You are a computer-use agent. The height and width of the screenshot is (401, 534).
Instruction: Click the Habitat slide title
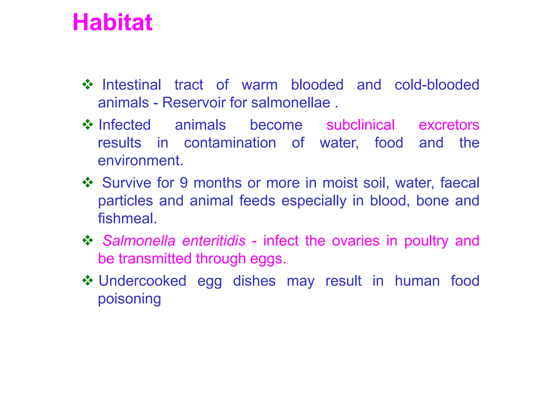(x=112, y=22)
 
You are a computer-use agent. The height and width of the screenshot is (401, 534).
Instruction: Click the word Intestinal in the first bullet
(x=131, y=85)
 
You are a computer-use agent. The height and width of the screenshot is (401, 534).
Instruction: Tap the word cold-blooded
(x=437, y=85)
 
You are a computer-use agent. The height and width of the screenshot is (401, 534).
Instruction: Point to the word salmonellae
(x=291, y=103)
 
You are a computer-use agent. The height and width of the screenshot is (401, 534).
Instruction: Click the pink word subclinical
(x=360, y=125)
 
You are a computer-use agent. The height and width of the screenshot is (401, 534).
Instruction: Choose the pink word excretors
(x=449, y=125)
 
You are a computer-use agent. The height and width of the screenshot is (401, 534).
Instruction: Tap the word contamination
(x=230, y=143)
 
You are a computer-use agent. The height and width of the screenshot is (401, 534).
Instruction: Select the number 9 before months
(x=184, y=183)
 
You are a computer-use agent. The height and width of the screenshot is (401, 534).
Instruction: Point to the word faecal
(x=460, y=183)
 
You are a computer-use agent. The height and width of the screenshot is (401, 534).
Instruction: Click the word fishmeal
(x=127, y=218)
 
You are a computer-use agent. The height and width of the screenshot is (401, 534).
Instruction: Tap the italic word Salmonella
(x=139, y=241)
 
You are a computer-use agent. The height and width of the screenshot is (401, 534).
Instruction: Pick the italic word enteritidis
(x=214, y=241)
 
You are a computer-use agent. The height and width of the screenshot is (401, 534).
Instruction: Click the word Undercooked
(x=142, y=281)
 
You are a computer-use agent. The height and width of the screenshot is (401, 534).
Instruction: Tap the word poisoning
(x=129, y=299)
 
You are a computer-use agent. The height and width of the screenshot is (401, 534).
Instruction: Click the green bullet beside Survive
(x=88, y=182)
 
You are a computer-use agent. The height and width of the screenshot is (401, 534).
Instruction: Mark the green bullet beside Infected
(x=88, y=125)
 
